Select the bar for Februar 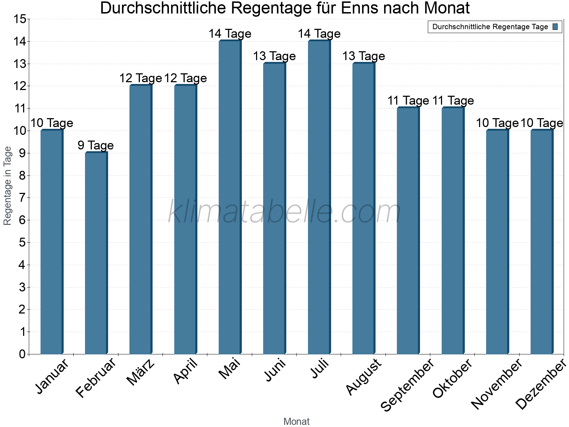[96, 253]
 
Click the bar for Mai [230, 197]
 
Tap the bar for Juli [319, 197]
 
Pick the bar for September [408, 231]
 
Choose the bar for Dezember [542, 242]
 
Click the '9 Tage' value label [96, 145]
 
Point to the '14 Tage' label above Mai [230, 34]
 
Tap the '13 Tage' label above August [363, 56]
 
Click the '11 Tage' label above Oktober [453, 101]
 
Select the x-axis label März [141, 372]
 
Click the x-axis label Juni [275, 370]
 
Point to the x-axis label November [496, 384]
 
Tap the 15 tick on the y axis [20, 19]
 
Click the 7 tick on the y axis [22, 198]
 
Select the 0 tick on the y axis [22, 354]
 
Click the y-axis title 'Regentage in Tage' [7, 186]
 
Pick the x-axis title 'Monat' [296, 421]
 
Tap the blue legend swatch [555, 27]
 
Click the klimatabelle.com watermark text [284, 212]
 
